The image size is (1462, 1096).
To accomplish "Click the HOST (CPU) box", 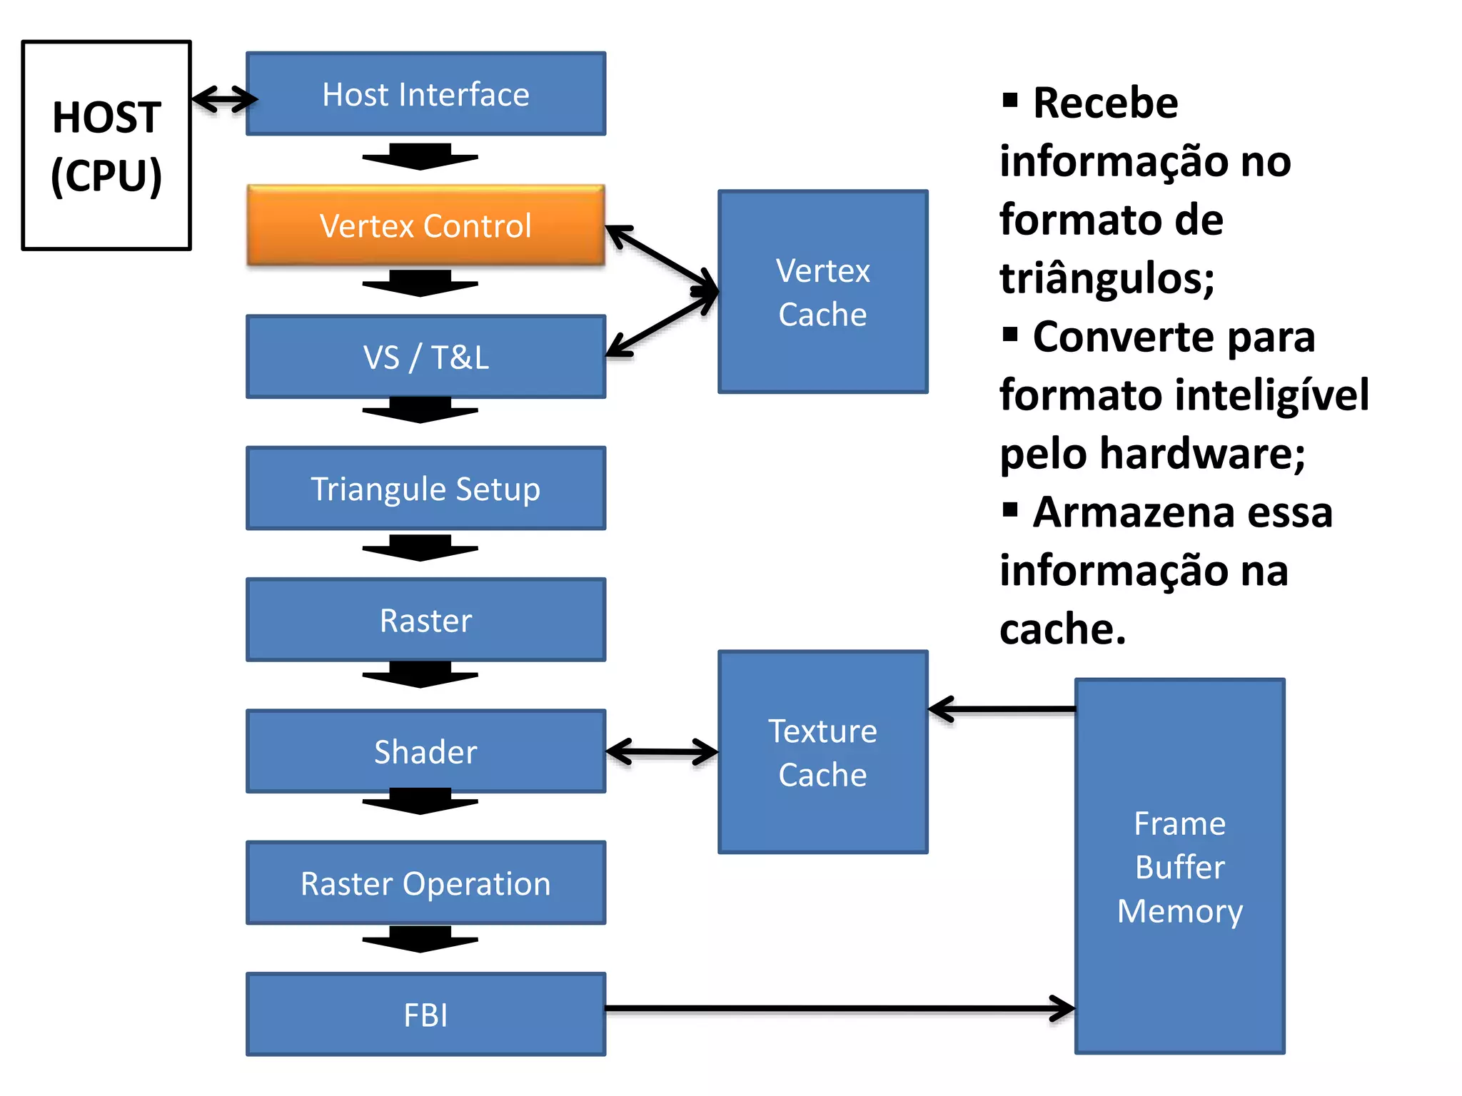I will tap(106, 146).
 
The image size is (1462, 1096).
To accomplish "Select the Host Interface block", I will tap(425, 93).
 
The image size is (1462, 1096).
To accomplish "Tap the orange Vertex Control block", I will tap(425, 225).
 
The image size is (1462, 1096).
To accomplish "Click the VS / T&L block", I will tap(425, 357).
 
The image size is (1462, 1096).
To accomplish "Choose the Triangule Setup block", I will tap(425, 489).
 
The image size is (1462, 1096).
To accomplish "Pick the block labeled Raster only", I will tap(425, 620).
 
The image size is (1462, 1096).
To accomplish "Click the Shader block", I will tap(425, 751).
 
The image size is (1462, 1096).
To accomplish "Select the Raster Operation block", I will tap(425, 883).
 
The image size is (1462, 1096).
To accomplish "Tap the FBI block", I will tap(425, 1015).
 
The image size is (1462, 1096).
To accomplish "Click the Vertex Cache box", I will tap(822, 292).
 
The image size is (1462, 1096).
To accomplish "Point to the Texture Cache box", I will tap(822, 752).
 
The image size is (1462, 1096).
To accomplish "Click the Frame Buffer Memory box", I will tap(1179, 866).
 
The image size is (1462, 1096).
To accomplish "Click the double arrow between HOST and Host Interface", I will tap(224, 99).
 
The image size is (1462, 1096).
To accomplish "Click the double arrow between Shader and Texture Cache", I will tap(662, 751).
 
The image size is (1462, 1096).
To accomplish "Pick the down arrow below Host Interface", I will tap(420, 156).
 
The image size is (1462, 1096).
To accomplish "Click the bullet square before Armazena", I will tap(1009, 509).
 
